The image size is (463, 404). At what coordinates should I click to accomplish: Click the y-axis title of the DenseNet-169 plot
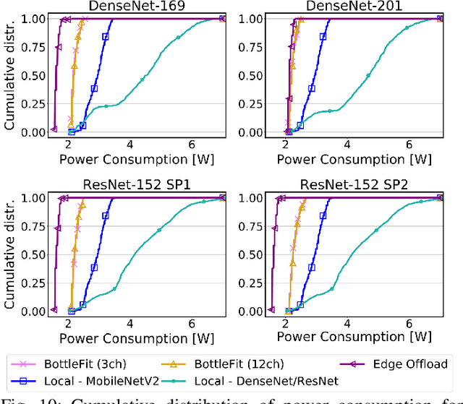[9, 75]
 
